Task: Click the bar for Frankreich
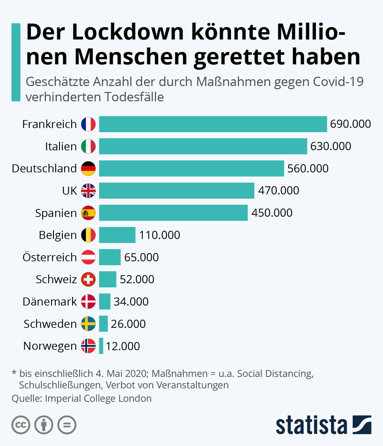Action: coord(213,124)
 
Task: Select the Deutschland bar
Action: coord(191,169)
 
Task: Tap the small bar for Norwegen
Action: coord(101,346)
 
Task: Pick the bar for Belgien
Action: coord(117,235)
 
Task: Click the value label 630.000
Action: coord(331,146)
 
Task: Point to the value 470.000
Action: coord(279,191)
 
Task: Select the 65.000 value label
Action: coord(141,257)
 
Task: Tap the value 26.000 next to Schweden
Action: coord(128,324)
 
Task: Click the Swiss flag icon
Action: coord(88,279)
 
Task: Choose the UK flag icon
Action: coord(88,191)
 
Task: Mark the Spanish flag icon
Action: coord(88,213)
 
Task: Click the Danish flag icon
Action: coord(88,302)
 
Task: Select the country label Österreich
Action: coord(49,257)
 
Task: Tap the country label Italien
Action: coord(61,146)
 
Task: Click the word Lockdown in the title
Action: coord(128,32)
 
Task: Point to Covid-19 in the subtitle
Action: coord(338,82)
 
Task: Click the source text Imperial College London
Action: coord(98,399)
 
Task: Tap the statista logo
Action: coord(323,425)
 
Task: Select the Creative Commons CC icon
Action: coord(21,425)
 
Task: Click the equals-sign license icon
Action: coord(67,425)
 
